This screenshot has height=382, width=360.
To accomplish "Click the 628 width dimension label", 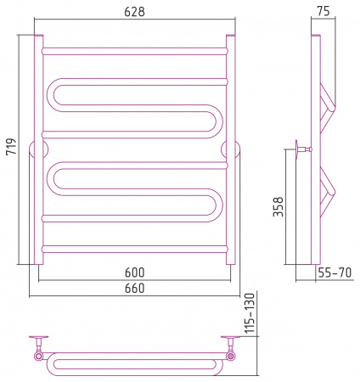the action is coord(134,12).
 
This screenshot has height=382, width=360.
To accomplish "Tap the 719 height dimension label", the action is coord(12,146).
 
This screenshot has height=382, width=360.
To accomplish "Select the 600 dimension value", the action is coord(135,272).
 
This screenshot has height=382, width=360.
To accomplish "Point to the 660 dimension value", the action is coord(135,288).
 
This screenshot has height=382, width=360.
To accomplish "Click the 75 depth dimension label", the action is coord(323,11).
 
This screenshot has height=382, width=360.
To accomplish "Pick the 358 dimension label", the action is coord(278,207).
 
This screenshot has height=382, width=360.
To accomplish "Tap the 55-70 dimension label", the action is coord(335,272).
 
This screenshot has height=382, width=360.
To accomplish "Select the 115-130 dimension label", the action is coord(250,313).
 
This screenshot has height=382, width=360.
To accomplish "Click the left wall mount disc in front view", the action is coord(38,149).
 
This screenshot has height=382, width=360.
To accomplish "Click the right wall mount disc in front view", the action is coord(231,149).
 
